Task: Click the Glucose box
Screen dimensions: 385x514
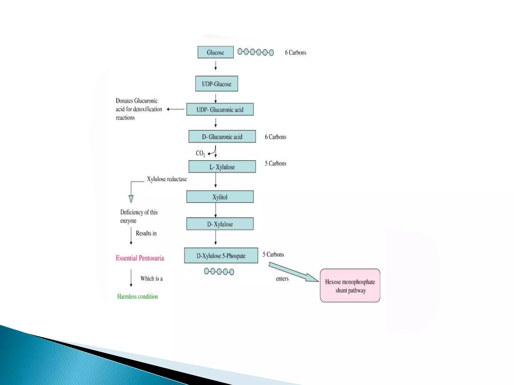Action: pos(215,52)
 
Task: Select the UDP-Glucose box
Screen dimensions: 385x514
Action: pos(217,84)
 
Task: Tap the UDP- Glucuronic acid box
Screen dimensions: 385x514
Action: pos(220,109)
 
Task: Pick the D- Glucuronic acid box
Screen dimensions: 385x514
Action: pos(222,137)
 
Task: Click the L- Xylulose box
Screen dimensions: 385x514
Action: pos(222,167)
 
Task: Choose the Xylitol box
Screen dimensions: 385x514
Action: pos(220,197)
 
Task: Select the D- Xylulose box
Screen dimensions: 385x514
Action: pos(220,224)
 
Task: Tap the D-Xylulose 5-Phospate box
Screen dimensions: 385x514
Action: pos(221,256)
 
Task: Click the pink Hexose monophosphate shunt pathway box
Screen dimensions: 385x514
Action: pos(350,286)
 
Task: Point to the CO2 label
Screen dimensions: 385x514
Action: pos(200,153)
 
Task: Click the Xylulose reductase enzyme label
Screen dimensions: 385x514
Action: pos(167,179)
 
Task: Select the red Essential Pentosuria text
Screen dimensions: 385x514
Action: pos(140,258)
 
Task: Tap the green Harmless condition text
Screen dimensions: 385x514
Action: pos(138,297)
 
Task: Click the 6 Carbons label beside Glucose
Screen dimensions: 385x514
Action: pos(295,53)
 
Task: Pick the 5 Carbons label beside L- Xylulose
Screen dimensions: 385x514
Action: pos(275,163)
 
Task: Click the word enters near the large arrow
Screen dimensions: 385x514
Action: pos(282,279)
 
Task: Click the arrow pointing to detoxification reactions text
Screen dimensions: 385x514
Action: pos(175,109)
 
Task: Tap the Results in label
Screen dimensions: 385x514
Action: pos(146,233)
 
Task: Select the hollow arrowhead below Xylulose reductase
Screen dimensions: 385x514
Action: pos(131,199)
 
